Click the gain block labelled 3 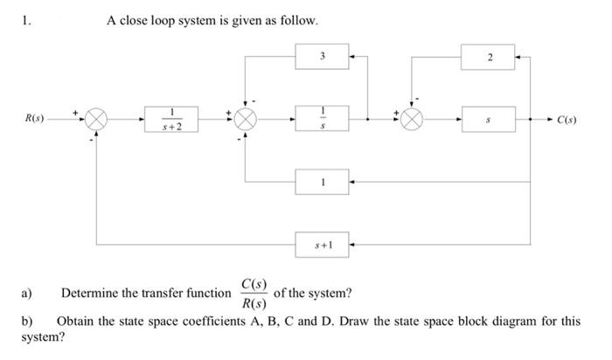click(x=323, y=57)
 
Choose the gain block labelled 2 click(x=490, y=57)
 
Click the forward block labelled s click(x=490, y=118)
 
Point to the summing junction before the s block click(x=412, y=118)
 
